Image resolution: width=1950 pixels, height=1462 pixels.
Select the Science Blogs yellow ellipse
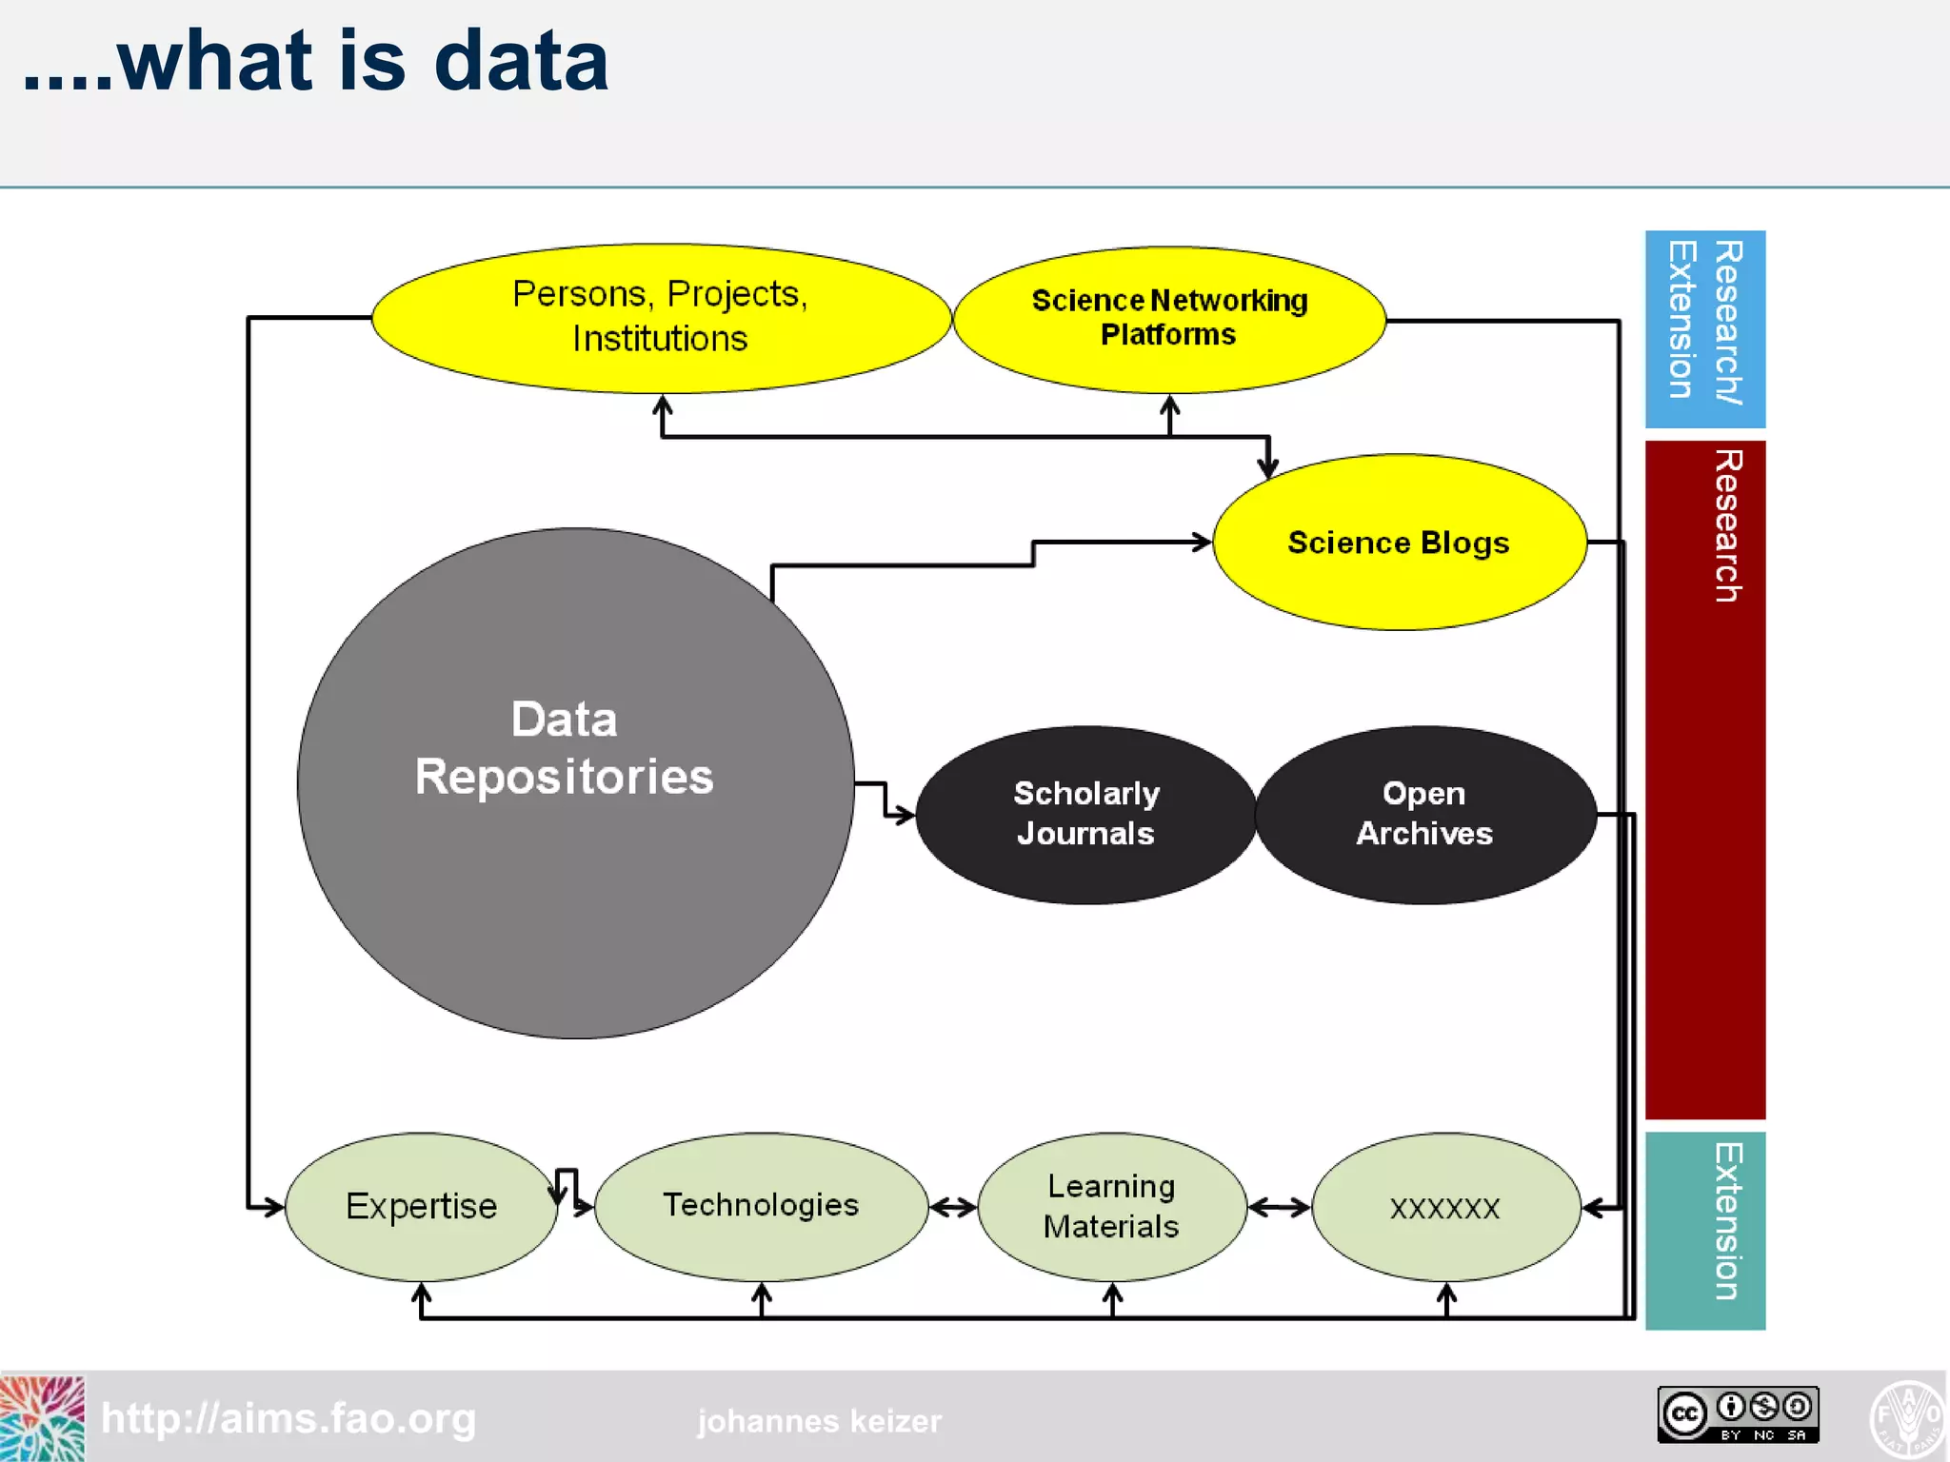1399,543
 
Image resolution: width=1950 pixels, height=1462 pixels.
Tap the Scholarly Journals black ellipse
1085,815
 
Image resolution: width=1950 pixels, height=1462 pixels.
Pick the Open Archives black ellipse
1425,815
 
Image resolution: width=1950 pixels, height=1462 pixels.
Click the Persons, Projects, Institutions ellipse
661,318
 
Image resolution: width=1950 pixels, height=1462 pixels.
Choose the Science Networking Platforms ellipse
1169,319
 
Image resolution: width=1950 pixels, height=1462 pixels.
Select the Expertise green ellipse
421,1206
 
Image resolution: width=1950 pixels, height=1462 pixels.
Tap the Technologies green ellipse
761,1206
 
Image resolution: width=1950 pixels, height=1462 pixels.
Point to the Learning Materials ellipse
1111,1206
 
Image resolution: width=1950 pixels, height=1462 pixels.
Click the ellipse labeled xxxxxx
1445,1207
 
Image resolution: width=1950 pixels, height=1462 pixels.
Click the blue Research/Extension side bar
1704,328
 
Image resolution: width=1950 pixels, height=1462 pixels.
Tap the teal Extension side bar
1704,1230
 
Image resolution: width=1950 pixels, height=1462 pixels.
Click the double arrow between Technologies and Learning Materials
953,1208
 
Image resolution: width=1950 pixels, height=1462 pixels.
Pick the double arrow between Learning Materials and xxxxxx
1280,1208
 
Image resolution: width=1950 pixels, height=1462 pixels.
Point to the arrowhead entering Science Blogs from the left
1202,543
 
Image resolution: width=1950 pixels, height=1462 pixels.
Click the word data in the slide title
521,61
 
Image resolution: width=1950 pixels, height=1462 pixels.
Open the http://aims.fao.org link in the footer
289,1418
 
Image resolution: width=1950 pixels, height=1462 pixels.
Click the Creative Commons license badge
1738,1413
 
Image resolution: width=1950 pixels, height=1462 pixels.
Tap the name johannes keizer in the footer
819,1421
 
